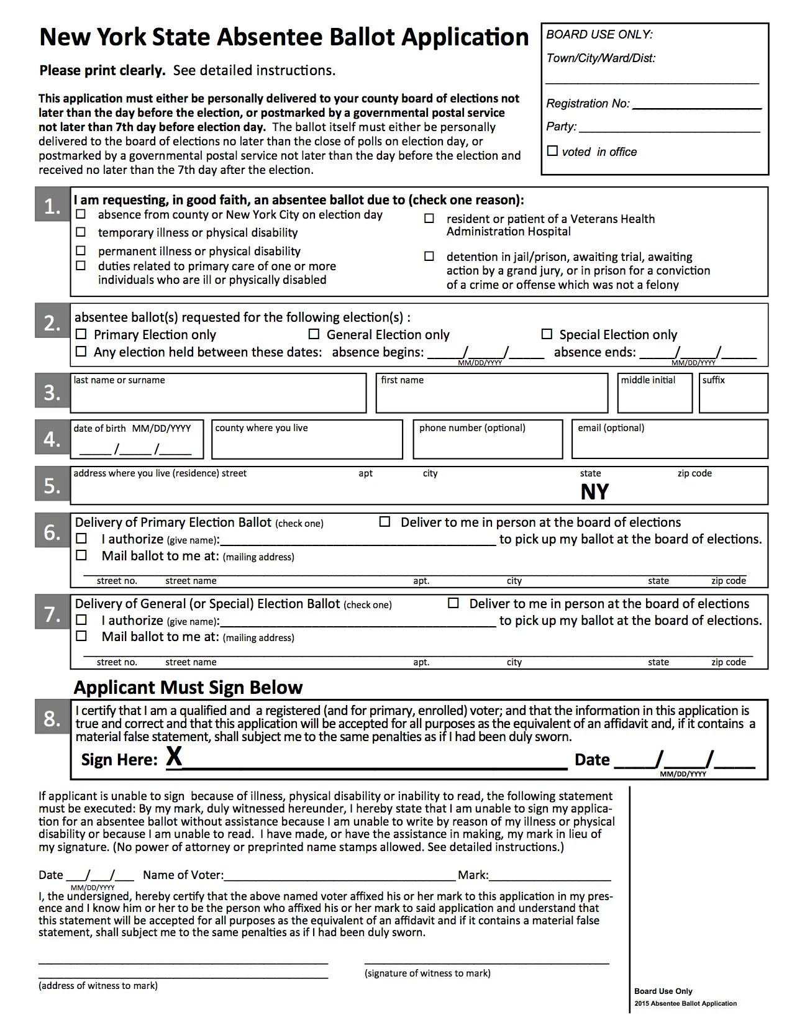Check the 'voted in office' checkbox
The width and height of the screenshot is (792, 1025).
click(552, 151)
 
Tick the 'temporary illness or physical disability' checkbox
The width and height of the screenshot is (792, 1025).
click(81, 232)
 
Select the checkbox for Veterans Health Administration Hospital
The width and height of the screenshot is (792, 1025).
click(429, 219)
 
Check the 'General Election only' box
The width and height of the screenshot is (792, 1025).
click(314, 334)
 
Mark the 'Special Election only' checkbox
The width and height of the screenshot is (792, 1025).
click(547, 334)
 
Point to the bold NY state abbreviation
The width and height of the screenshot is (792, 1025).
click(594, 492)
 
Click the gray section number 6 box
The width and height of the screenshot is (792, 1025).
click(52, 532)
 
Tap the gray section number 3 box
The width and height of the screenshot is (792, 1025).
click(52, 393)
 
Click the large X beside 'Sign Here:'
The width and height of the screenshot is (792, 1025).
click(174, 757)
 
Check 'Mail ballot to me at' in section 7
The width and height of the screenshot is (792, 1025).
click(81, 636)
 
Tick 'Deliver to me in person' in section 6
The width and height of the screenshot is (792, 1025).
click(385, 522)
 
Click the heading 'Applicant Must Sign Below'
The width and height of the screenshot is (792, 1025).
click(188, 688)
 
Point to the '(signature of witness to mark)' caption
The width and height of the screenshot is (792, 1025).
click(427, 973)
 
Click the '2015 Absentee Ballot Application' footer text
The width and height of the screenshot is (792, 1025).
click(685, 1003)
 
